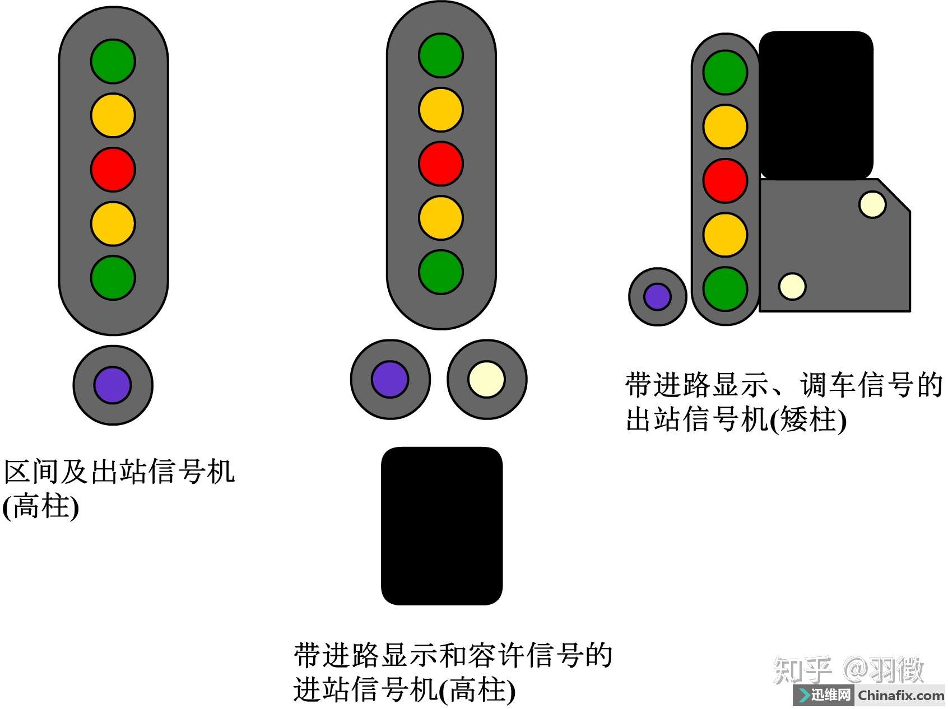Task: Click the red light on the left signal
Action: pos(113,169)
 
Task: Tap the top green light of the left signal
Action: pos(113,61)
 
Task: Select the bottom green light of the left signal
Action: pos(113,278)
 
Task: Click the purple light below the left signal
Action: pos(113,385)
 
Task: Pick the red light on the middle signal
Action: pos(441,164)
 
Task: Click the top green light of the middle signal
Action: pos(441,55)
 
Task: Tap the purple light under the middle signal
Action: pos(390,379)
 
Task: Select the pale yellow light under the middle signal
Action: pos(486,379)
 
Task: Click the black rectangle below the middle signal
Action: pos(442,526)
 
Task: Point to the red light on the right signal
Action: pos(725,180)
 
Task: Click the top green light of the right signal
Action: pos(725,72)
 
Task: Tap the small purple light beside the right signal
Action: pos(658,296)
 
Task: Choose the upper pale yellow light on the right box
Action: pos(872,204)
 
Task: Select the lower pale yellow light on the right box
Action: pos(792,286)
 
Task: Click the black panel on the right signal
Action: pos(816,105)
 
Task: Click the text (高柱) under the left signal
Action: pos(40,507)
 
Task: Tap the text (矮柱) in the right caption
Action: pos(808,419)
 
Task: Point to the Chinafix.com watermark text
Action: pos(901,696)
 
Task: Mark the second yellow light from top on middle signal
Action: pos(441,218)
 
